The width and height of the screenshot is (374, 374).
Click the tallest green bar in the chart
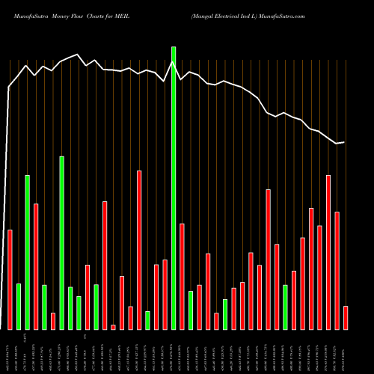[174, 188]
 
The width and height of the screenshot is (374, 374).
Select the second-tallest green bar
[62, 243]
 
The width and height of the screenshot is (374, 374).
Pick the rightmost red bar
[346, 317]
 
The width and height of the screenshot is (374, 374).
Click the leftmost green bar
[19, 307]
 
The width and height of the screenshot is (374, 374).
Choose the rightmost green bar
[285, 307]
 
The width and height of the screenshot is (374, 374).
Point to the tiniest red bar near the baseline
[113, 327]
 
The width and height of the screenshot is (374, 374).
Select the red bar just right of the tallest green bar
[182, 276]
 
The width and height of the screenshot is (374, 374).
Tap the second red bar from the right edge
[337, 270]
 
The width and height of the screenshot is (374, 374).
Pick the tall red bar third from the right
[328, 252]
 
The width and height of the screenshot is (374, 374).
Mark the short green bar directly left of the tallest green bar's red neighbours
[147, 320]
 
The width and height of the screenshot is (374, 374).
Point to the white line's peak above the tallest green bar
[174, 63]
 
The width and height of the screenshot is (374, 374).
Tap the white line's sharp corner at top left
[9, 88]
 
